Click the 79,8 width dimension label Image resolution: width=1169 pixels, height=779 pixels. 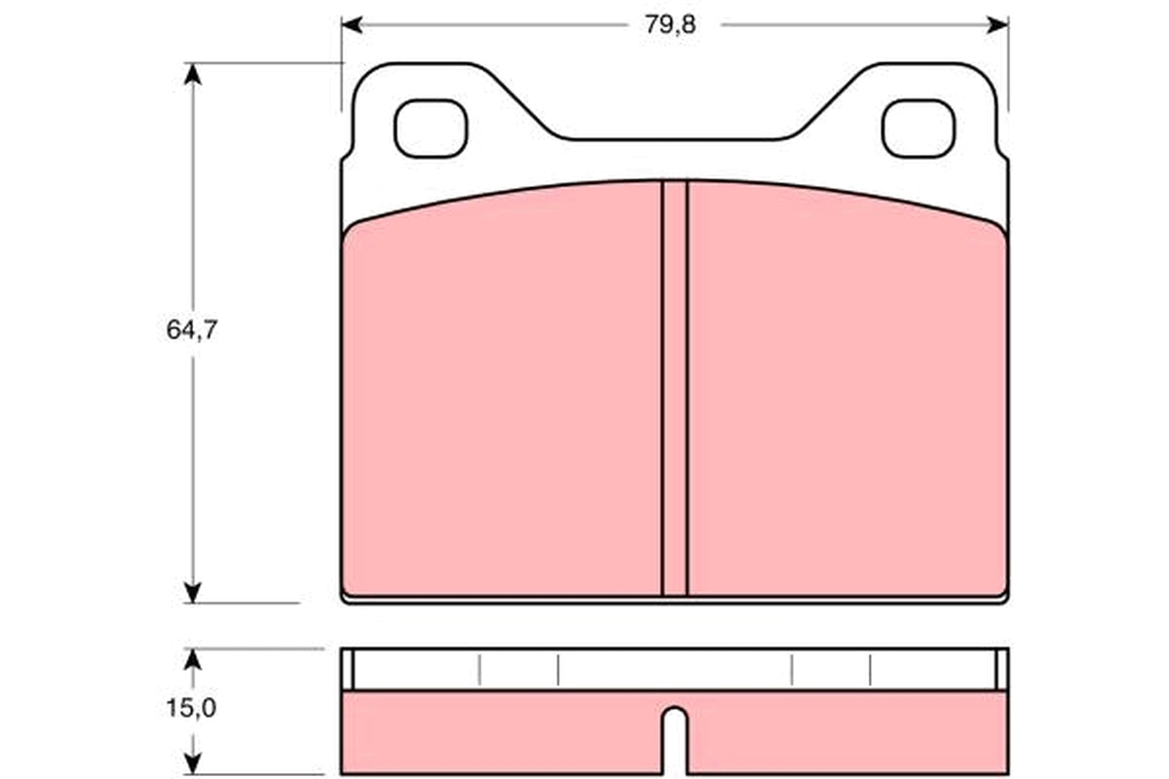tap(670, 25)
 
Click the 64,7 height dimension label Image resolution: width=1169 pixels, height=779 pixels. tap(192, 330)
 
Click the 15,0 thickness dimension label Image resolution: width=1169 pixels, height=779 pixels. tap(191, 708)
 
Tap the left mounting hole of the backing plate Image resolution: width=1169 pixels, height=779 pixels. tap(431, 129)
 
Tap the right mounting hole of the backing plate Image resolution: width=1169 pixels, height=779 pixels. tap(919, 129)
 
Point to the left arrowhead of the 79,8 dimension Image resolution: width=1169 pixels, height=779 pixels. tap(352, 24)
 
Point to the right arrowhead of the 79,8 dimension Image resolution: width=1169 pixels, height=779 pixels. tap(998, 24)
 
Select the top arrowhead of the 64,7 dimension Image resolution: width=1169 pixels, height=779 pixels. tap(193, 74)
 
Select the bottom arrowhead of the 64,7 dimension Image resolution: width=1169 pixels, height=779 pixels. tap(193, 593)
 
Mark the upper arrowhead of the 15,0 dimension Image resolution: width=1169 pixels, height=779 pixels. tap(193, 659)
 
